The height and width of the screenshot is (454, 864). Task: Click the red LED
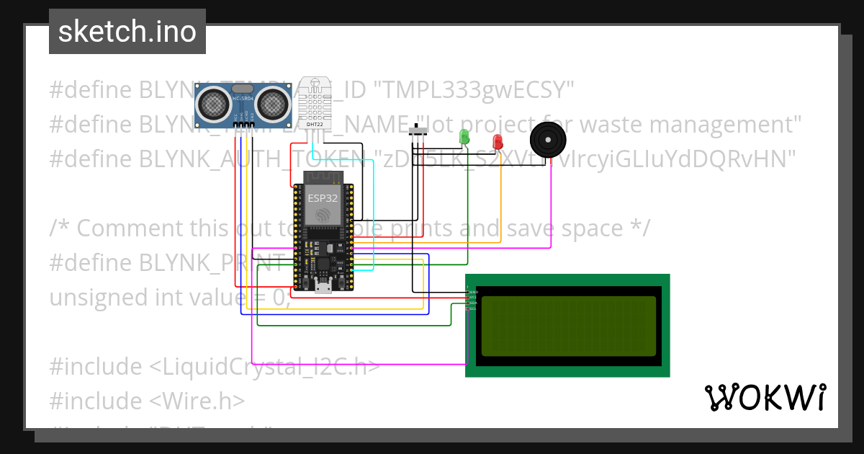coord(498,142)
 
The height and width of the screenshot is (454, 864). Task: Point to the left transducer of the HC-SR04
coord(213,102)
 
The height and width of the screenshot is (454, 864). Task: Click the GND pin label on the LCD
coord(472,292)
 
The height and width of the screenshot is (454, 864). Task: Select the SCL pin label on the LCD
coord(472,308)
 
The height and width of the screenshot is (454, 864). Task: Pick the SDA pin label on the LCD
coord(472,303)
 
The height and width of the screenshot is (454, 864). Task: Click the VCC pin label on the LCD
coord(472,298)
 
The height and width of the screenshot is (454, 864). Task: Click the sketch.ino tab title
coord(127,32)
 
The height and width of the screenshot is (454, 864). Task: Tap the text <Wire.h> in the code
coord(197,401)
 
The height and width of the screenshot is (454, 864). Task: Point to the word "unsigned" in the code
coord(94,297)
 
